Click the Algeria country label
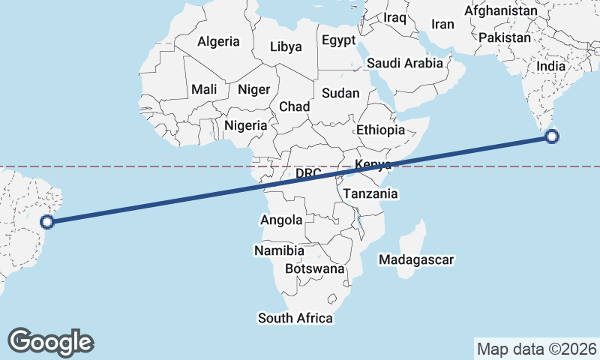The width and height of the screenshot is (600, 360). point(218,42)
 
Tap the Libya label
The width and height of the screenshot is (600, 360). point(286,46)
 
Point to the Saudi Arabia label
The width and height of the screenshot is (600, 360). point(405,63)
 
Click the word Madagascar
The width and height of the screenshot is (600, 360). point(416,259)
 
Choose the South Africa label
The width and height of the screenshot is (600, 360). point(295,318)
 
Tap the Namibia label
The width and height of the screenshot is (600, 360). point(279,250)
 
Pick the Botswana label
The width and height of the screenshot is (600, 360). point(314,268)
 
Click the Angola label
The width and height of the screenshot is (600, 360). point(281,220)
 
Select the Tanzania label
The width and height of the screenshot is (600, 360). point(370,193)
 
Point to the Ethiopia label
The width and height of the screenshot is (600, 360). point(380,130)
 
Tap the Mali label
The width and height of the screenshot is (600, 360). point(204,89)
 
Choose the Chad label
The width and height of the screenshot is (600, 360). point(294,106)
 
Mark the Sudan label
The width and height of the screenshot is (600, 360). point(340,94)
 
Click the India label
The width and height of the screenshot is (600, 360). point(550,66)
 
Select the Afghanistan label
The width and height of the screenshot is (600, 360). point(501,11)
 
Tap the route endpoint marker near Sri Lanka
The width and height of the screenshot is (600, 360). point(552,136)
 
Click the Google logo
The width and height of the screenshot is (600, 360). point(50,341)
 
